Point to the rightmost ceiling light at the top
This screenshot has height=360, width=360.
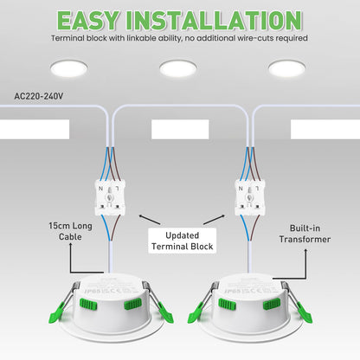tap(287, 68)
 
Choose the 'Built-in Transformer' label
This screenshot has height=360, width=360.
tap(305, 233)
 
